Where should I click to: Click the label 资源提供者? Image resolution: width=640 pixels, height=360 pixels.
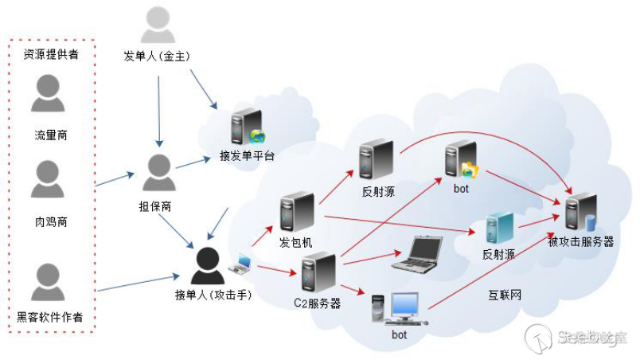[x=51, y=55]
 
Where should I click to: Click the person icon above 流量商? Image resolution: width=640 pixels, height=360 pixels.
[x=48, y=94]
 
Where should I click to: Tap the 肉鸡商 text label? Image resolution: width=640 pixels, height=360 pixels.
[x=50, y=222]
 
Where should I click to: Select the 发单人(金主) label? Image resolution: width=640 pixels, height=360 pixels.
[x=157, y=56]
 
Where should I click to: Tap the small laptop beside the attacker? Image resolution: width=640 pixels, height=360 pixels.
[x=240, y=264]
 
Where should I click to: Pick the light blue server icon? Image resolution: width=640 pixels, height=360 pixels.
[x=499, y=228]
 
